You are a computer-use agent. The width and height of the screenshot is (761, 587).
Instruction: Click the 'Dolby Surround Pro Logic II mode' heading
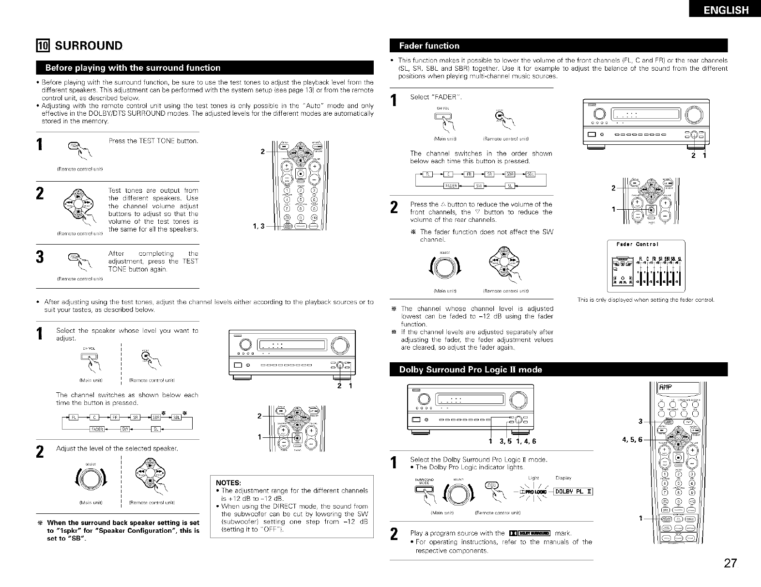(x=471, y=370)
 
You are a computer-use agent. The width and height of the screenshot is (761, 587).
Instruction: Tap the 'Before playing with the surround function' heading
(x=133, y=68)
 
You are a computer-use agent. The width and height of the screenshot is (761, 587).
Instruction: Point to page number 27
(x=731, y=563)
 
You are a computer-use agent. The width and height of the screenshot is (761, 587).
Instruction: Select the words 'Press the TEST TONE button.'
(x=153, y=141)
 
